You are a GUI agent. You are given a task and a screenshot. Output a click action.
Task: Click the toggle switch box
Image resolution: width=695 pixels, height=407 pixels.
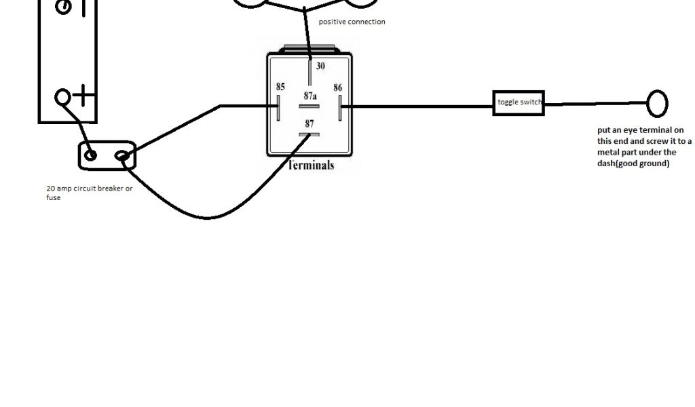(x=519, y=102)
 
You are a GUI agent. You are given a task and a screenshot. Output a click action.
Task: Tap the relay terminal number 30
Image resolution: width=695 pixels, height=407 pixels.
(x=320, y=66)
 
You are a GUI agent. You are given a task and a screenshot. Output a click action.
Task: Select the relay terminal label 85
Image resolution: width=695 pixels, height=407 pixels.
(x=280, y=87)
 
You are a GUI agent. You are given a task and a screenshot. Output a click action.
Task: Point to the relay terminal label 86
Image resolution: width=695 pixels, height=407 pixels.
(x=337, y=88)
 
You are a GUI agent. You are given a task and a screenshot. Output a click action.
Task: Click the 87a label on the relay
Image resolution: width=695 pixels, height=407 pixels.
(x=310, y=96)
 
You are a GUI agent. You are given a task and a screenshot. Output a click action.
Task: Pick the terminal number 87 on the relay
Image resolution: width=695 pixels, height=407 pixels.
(x=309, y=123)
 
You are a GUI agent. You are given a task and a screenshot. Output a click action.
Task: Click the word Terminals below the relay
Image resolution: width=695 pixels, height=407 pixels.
(x=311, y=165)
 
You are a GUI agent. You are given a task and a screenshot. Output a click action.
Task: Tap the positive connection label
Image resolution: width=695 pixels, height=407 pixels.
(x=352, y=22)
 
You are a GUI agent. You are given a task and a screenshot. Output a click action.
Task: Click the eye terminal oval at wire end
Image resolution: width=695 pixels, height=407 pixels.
(x=657, y=104)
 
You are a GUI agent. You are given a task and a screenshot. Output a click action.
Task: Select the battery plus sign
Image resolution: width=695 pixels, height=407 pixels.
(x=83, y=96)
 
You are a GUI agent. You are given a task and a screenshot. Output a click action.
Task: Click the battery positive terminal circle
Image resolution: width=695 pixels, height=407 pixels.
(x=62, y=97)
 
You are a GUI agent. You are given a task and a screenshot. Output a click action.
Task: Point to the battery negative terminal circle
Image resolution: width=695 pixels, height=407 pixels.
(x=62, y=7)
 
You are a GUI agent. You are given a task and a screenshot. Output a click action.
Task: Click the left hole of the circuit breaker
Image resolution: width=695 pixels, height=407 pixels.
(x=90, y=155)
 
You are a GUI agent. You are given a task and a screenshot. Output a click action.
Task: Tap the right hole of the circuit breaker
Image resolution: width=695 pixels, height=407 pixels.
(x=122, y=157)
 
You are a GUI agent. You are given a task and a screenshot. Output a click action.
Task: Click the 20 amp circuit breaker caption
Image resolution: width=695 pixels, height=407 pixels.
(x=89, y=193)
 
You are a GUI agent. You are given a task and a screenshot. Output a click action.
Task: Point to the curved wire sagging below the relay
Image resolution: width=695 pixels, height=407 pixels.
(x=207, y=217)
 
